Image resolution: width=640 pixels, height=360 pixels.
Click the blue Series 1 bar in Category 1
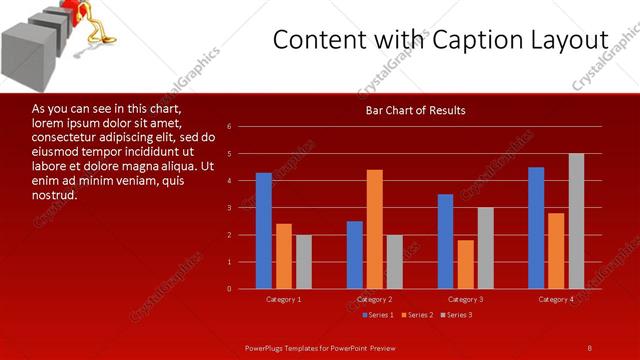[x=263, y=231]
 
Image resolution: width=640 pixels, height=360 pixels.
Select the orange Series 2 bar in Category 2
[x=374, y=229]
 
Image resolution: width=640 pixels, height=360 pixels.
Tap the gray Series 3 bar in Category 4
[x=576, y=221]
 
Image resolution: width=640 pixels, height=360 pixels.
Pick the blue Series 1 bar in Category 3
[x=445, y=241]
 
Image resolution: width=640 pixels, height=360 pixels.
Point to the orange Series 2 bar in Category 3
[x=465, y=264]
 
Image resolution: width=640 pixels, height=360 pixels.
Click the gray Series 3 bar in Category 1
[x=303, y=262]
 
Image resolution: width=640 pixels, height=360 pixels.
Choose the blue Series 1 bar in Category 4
[x=536, y=228]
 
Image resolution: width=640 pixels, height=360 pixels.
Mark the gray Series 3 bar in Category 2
[x=394, y=262]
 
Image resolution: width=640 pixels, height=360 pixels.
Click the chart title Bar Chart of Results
[x=415, y=110]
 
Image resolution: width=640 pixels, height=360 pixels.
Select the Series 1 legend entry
[x=377, y=315]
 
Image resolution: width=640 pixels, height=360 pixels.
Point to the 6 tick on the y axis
[x=229, y=127]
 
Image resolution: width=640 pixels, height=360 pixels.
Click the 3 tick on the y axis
[x=229, y=208]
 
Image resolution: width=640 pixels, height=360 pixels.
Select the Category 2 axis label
[x=374, y=300]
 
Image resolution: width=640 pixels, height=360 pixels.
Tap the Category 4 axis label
[x=556, y=300]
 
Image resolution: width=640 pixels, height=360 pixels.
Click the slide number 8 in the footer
[x=589, y=347]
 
